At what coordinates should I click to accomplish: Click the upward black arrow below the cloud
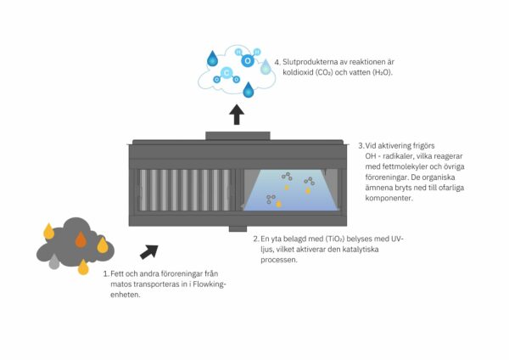(236, 113)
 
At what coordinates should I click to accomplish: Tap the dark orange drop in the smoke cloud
(81, 239)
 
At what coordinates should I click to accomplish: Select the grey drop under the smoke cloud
(54, 263)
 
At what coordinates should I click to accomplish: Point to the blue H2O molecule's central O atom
(248, 60)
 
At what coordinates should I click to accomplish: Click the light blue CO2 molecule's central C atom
(228, 77)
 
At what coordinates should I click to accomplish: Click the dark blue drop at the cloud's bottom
(249, 89)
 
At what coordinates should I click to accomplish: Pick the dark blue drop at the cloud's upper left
(212, 59)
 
